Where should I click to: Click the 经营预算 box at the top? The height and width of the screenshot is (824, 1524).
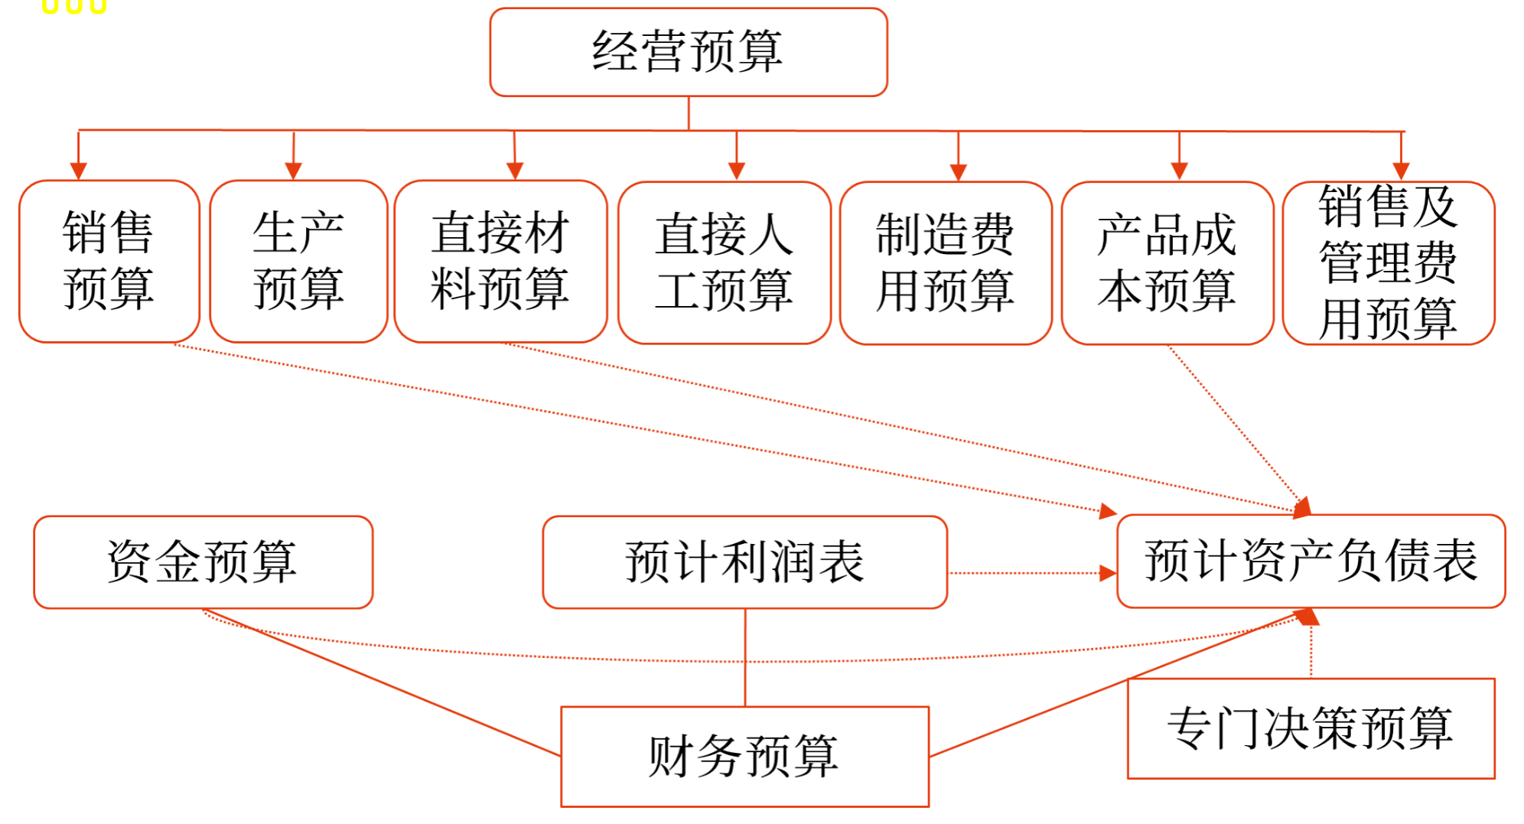[688, 52]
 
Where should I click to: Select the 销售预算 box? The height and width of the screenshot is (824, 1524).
[109, 262]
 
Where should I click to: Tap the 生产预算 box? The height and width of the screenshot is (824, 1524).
[298, 262]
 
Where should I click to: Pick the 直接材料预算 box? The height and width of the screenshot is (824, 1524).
[500, 262]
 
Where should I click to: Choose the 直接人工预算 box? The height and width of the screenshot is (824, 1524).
[724, 263]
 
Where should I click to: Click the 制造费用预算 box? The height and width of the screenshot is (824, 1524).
[946, 263]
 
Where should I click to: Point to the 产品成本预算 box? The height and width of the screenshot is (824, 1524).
[1167, 263]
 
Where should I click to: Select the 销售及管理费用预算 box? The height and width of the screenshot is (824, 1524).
[1388, 263]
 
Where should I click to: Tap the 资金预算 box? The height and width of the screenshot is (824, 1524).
[203, 562]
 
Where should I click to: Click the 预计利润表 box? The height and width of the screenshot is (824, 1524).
[744, 562]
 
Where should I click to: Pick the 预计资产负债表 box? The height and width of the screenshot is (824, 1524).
[1311, 561]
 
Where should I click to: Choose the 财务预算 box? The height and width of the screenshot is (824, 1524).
[744, 757]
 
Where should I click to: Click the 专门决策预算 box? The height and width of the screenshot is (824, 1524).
[1311, 728]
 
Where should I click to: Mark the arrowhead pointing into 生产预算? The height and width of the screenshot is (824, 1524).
[293, 171]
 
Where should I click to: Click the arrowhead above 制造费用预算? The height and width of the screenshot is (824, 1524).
[958, 171]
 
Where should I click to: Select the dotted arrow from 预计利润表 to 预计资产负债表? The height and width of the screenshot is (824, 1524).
[1025, 573]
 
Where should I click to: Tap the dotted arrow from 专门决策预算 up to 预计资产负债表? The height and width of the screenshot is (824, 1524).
[1311, 650]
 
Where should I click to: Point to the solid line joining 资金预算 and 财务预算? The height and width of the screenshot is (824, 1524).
[383, 682]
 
